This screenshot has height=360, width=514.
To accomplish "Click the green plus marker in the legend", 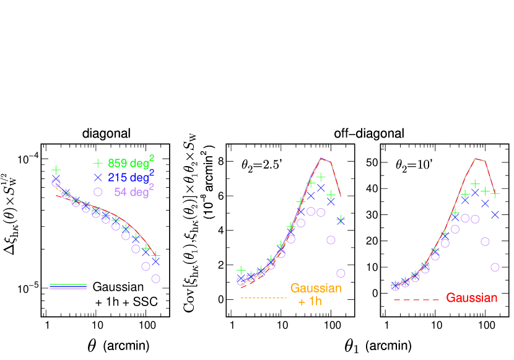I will pos(97,164).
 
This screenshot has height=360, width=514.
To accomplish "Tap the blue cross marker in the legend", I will pos(97,178).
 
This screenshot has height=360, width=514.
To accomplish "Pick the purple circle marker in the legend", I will pos(97,192).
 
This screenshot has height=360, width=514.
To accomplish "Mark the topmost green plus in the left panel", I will pos(56,170).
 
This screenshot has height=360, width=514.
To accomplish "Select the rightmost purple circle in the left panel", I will pos(155,279).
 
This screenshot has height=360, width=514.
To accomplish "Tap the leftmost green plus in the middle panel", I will pos(241,271).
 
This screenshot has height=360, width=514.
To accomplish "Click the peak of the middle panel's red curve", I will pos(321,158).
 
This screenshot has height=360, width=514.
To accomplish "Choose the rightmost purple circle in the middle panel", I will pos(341,273).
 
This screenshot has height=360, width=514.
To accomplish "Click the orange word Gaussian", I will pos(316,288).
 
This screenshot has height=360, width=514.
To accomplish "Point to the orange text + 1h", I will pos(310,302).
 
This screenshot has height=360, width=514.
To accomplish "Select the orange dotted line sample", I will pos(263,299).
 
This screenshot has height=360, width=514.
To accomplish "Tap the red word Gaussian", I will pos(471,298).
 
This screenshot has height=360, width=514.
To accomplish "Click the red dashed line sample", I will pos(416,301).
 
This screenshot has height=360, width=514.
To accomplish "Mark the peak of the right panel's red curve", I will pos(476,159).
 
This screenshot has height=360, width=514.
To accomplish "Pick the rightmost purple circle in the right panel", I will pos(495,267).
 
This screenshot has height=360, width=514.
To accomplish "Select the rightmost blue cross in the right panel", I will pos(495,214).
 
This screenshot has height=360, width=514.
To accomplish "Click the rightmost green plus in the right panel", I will pos(495,194).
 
